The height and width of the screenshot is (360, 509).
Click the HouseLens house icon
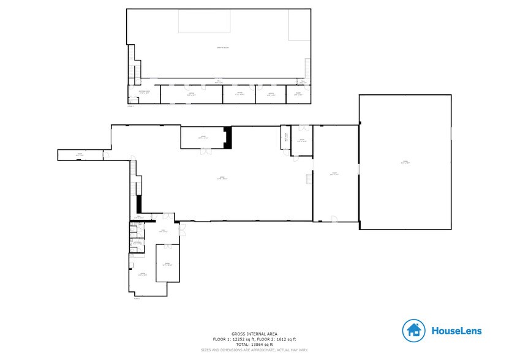coord(414,331)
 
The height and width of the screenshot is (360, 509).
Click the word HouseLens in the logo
coord(456,331)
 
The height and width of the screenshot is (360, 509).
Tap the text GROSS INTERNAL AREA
coord(254,334)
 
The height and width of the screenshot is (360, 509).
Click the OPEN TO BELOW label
coord(218,48)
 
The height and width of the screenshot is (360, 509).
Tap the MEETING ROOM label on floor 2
coord(144,92)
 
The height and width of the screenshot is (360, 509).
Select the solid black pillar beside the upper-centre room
coord(228,137)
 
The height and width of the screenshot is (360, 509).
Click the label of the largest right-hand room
coord(405,162)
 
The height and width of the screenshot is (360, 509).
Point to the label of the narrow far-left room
coord(80,154)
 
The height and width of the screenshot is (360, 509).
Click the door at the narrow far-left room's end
coord(105,154)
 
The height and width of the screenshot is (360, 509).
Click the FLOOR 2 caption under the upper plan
coord(130,106)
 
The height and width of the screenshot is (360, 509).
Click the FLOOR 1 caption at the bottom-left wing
coord(137,298)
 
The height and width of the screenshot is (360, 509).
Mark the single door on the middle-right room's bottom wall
coord(334,219)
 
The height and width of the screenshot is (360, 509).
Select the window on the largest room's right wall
coord(451,133)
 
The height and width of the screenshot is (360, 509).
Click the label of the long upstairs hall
coord(217,81)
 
